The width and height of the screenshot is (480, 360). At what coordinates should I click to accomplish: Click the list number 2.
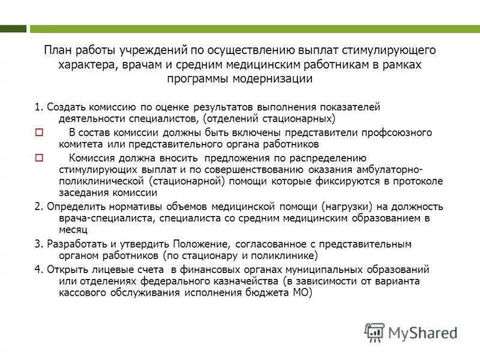pyautogui.click(x=37, y=206)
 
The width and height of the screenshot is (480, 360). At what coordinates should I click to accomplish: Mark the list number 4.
pyautogui.click(x=37, y=269)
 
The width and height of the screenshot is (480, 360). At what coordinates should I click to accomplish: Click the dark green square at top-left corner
pyautogui.click(x=13, y=28)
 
